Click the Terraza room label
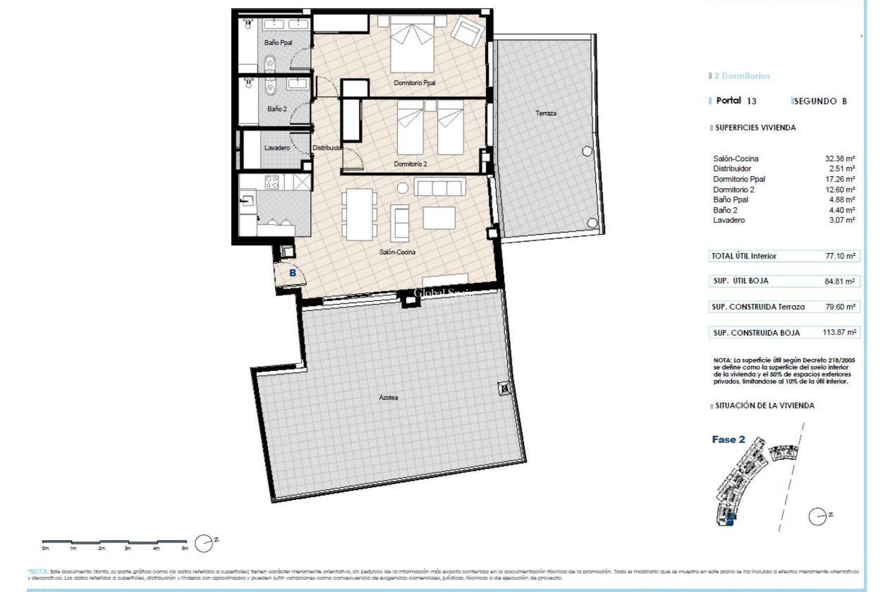click(x=546, y=113)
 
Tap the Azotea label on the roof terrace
click(x=388, y=397)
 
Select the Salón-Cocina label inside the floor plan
click(x=397, y=252)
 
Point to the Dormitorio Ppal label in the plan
click(x=414, y=83)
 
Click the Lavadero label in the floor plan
click(x=277, y=148)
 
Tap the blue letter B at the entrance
click(x=292, y=273)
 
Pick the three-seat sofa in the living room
click(x=439, y=188)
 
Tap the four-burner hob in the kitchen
click(x=271, y=182)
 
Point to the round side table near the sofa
click(x=403, y=188)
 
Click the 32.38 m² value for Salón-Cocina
click(x=839, y=159)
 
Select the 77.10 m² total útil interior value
click(x=839, y=256)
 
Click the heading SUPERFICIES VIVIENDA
click(x=755, y=128)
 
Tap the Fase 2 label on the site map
click(x=728, y=439)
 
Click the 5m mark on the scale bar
click(x=185, y=549)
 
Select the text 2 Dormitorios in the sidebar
click(x=742, y=76)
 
